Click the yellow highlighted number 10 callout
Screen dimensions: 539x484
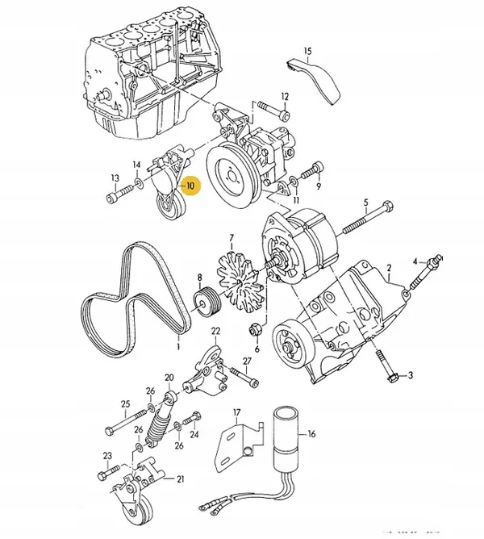tap(190, 186)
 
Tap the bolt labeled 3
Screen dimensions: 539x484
tap(391, 374)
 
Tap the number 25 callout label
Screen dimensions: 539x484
tap(125, 403)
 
